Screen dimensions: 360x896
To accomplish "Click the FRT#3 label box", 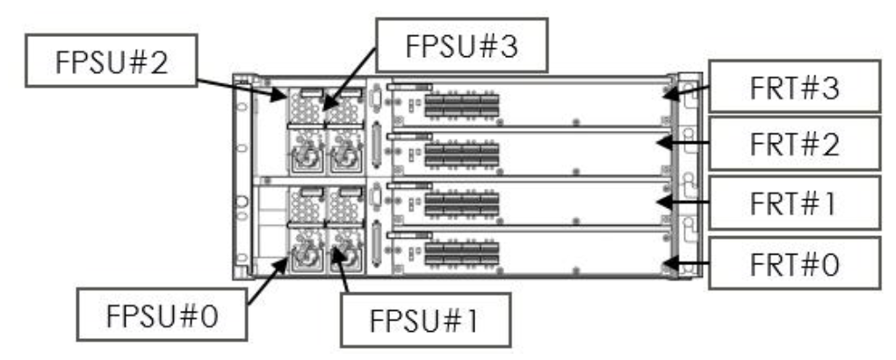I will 792,86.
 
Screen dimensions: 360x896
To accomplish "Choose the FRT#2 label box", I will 793,144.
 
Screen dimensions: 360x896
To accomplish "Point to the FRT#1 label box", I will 793,204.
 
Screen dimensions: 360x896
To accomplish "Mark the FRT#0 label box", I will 793,263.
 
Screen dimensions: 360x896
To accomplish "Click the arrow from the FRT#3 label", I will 687,90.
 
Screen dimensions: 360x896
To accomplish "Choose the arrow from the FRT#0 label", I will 687,262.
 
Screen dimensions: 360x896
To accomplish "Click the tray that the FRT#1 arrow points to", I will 527,202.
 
